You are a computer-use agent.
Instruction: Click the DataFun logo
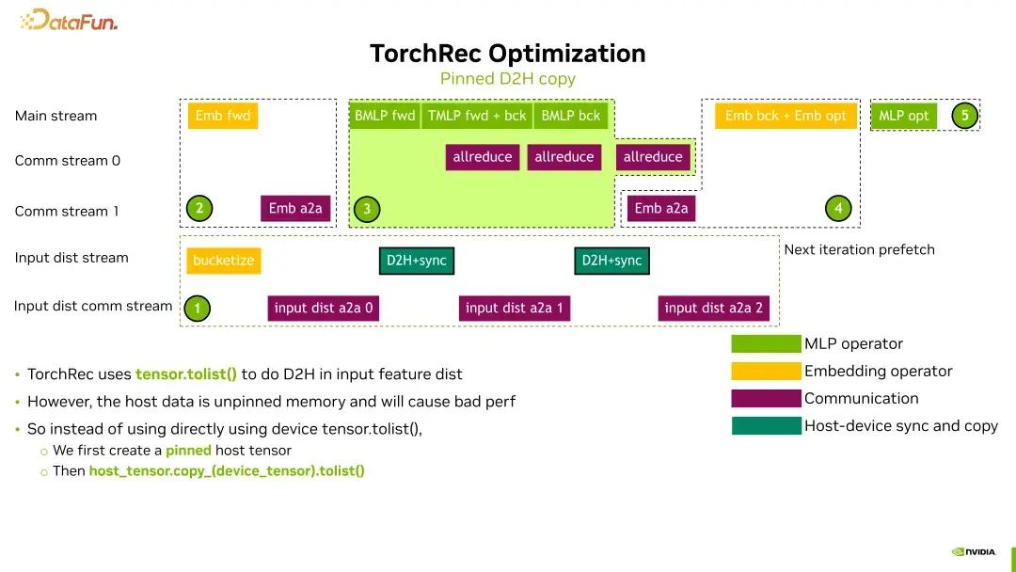pos(70,20)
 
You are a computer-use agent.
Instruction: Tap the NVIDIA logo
pos(974,552)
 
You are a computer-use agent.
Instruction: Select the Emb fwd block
pos(223,116)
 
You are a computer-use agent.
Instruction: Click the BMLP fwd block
pos(385,116)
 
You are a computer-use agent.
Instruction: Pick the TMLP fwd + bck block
pos(477,116)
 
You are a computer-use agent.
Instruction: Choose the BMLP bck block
pos(571,116)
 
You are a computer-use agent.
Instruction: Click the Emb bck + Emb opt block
pos(786,116)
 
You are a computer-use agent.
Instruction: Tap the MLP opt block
pos(903,116)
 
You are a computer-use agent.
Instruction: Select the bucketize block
pos(223,261)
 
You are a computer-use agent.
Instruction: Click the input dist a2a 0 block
pos(323,308)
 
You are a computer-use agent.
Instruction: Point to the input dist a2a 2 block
pos(713,308)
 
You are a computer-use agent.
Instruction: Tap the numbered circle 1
pos(197,308)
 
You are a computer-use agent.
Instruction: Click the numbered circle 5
pos(964,116)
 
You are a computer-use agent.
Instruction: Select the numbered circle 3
pos(367,209)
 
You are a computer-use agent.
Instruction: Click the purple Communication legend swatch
pos(766,399)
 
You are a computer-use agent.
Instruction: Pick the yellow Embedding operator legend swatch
pos(766,372)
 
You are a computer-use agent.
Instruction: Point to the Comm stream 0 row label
pos(68,161)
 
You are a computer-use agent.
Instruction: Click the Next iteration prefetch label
pos(859,249)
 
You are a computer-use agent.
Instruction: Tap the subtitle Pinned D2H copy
pos(507,79)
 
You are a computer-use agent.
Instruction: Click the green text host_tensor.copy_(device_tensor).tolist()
pos(227,470)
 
